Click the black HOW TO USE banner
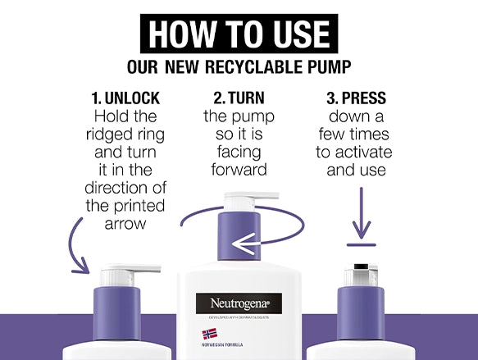click(x=239, y=34)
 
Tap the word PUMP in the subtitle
click(x=330, y=66)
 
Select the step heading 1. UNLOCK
click(x=125, y=98)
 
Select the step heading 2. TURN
click(x=239, y=98)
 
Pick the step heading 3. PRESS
click(x=356, y=98)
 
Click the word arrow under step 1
click(x=125, y=224)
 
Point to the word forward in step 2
click(x=239, y=170)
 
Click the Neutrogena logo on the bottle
click(x=239, y=303)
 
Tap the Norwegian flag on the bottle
click(x=210, y=334)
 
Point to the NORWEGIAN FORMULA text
click(x=222, y=345)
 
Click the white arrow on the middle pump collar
click(x=246, y=244)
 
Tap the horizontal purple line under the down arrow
click(x=362, y=244)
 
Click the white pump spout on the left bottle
click(x=132, y=269)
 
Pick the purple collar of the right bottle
click(x=361, y=313)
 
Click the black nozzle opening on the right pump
click(x=361, y=267)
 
